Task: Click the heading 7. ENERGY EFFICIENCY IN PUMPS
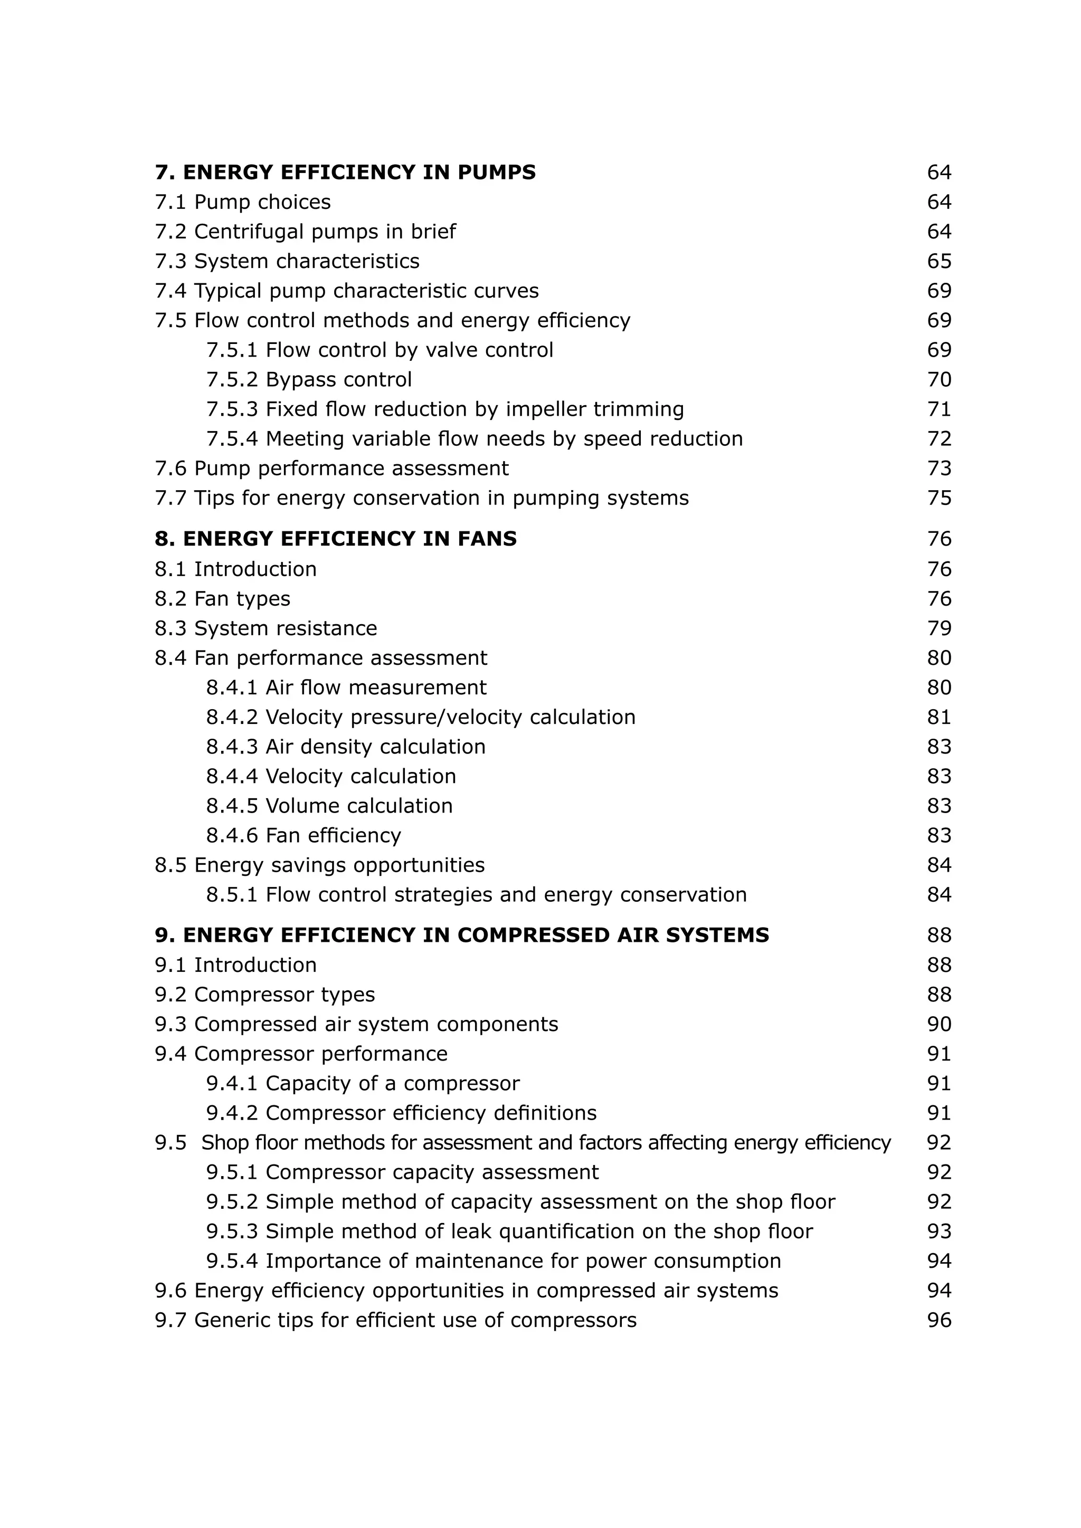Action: tap(345, 173)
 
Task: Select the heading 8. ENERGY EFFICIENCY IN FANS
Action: tap(336, 538)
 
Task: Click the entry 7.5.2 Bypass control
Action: tap(309, 379)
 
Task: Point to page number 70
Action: tap(938, 379)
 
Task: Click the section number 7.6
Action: tap(170, 469)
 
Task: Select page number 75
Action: tap(938, 498)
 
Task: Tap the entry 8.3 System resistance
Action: tap(265, 628)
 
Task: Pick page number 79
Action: tap(938, 628)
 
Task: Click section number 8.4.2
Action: tap(232, 717)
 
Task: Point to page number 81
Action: tap(938, 717)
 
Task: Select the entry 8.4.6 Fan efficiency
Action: tap(304, 835)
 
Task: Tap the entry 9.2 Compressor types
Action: tap(265, 994)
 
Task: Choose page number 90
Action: tap(938, 1024)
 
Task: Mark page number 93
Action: tap(938, 1231)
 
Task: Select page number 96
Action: tap(938, 1320)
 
